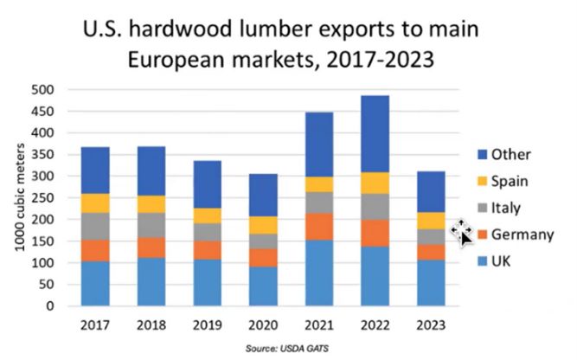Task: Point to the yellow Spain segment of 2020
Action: [263, 225]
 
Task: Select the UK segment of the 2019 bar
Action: [207, 282]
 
